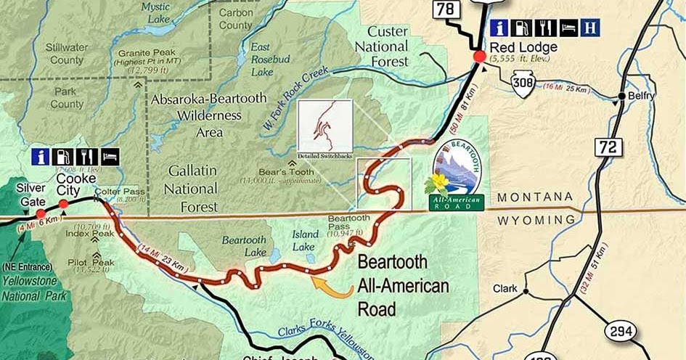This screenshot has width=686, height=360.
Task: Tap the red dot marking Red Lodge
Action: [x=479, y=57]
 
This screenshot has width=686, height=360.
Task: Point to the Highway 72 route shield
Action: [x=608, y=147]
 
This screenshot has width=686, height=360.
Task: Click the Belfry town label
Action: [x=642, y=96]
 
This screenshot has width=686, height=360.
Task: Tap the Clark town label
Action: [x=505, y=289]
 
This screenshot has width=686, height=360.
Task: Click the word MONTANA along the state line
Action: [x=534, y=197]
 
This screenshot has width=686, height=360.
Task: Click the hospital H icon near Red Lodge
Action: [x=592, y=28]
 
